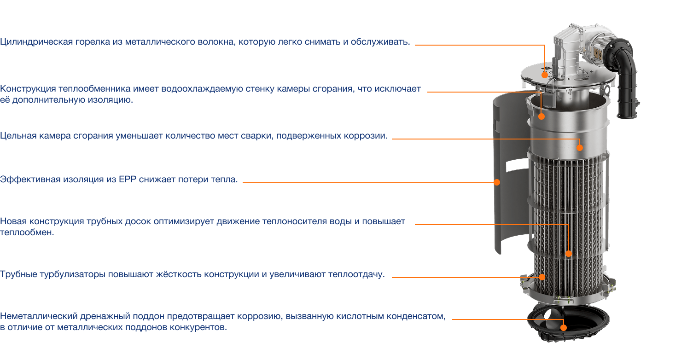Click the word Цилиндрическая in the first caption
[36, 42]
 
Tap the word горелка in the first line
[93, 42]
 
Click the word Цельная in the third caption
[18, 136]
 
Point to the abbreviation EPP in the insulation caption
[127, 180]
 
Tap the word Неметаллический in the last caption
[38, 316]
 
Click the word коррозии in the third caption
[366, 136]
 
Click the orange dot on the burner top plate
[545, 75]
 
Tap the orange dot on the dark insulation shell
[497, 182]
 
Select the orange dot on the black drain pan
[564, 328]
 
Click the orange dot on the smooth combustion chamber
[580, 148]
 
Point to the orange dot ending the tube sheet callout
[569, 254]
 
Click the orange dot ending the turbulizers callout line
[542, 277]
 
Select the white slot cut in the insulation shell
[517, 165]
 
